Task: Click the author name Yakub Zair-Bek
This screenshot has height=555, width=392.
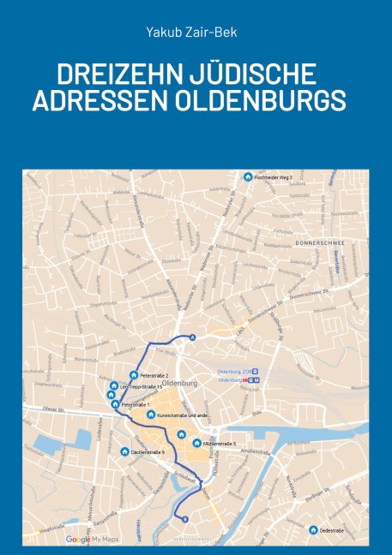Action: click(196, 33)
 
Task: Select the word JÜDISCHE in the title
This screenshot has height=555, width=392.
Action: click(251, 74)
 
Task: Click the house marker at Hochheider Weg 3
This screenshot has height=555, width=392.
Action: click(248, 177)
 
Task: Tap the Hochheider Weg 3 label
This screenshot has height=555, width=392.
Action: click(273, 177)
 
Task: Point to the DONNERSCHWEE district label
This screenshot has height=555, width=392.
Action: click(319, 242)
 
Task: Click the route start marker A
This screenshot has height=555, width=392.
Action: click(192, 337)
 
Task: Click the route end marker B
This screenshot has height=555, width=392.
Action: click(184, 517)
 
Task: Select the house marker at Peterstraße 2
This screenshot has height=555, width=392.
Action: click(134, 375)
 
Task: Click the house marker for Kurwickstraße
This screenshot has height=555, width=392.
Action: click(151, 415)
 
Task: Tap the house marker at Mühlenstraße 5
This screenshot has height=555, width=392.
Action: click(197, 444)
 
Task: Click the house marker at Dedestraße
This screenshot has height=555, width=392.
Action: click(313, 530)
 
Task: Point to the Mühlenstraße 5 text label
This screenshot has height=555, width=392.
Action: click(220, 444)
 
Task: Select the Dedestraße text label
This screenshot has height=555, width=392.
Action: click(333, 531)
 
